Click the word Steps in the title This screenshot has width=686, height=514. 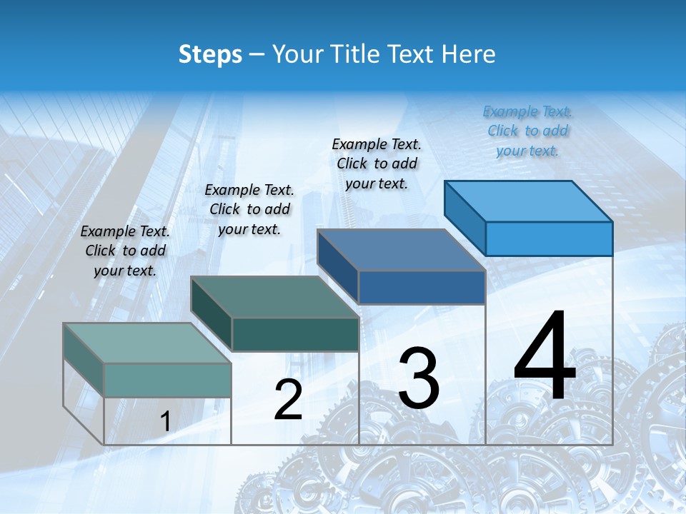(210, 54)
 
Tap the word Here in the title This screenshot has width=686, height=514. (469, 54)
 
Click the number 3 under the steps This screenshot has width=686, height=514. (419, 378)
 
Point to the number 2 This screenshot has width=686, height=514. (288, 400)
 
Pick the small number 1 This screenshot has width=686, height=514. (165, 421)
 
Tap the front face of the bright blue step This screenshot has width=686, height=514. (549, 238)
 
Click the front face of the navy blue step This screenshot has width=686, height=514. (422, 287)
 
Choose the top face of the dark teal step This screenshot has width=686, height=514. (274, 297)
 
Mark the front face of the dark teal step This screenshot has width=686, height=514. (294, 334)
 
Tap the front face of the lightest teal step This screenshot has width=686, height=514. (167, 380)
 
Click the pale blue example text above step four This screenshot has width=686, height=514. (527, 131)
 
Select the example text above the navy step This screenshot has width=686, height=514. (377, 163)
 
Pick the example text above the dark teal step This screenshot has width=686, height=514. (249, 209)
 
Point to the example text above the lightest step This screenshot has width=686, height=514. (125, 251)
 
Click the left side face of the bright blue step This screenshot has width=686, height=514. (465, 217)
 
